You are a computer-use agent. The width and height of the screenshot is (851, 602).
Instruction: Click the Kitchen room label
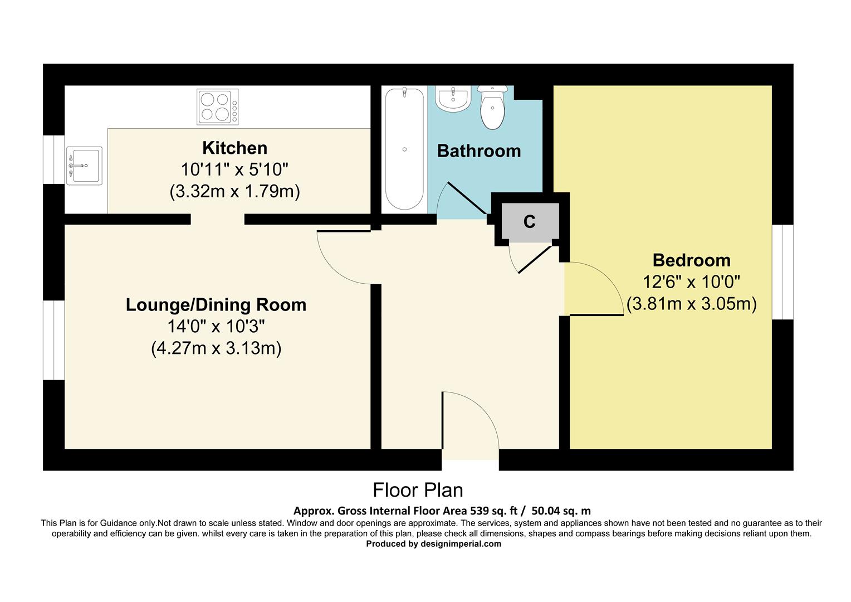234,148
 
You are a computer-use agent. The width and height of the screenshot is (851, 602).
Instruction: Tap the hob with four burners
217,106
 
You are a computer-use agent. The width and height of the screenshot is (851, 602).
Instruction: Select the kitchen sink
84,165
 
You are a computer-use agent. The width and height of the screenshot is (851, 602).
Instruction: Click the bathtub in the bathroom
404,149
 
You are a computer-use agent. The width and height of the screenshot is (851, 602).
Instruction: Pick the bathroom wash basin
452,99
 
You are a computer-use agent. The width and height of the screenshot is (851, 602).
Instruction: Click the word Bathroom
478,151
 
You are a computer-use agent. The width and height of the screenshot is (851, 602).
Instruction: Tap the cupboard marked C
530,222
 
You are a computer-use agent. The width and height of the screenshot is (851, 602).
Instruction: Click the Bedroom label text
691,260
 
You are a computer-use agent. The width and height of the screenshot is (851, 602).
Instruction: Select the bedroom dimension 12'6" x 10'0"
691,282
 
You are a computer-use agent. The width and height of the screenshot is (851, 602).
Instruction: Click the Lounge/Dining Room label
216,305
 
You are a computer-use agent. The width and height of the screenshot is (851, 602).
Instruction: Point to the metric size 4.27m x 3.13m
216,349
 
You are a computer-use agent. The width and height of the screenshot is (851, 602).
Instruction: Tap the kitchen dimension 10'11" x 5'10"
234,169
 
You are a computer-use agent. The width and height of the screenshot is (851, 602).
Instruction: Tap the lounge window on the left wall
54,341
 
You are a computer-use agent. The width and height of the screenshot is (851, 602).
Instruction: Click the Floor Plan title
418,490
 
